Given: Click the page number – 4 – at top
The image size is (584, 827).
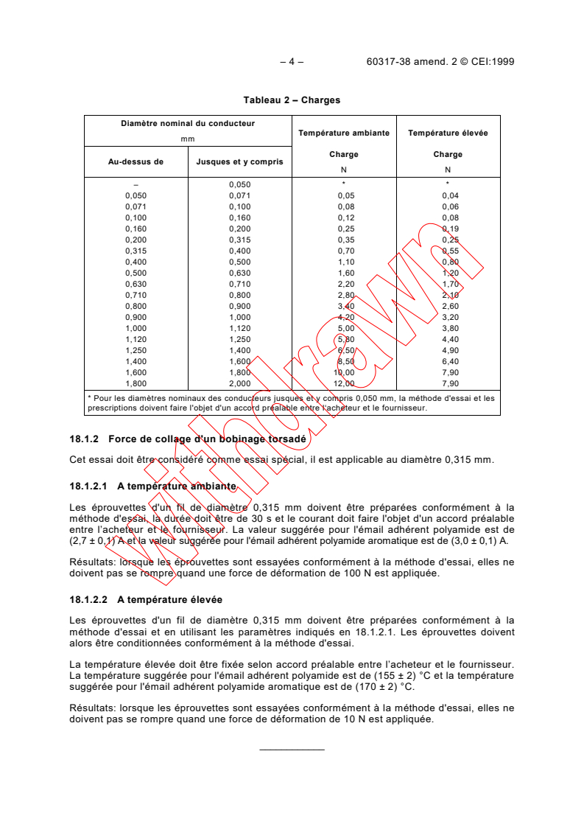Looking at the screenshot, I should [x=292, y=62].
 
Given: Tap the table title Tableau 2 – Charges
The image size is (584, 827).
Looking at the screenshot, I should [x=292, y=100].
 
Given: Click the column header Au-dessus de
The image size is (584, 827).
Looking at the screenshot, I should [x=136, y=161].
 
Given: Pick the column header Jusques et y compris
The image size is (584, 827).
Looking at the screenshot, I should [x=239, y=161].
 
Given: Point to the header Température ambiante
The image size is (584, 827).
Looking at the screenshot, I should [x=344, y=133].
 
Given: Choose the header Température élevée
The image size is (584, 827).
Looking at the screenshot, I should [x=448, y=133].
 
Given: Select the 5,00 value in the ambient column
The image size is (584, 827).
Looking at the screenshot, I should [x=345, y=328].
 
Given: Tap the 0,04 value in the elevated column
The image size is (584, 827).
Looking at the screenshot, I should [x=450, y=195].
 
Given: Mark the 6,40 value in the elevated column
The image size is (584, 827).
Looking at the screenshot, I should [x=450, y=361].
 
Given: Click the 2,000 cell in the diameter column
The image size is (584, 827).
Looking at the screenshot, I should [x=240, y=383].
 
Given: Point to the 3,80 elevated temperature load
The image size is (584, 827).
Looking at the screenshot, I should [x=450, y=328].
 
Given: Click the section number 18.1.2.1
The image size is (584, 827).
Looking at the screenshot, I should [x=88, y=486].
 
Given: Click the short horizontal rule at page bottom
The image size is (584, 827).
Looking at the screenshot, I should [x=292, y=750].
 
